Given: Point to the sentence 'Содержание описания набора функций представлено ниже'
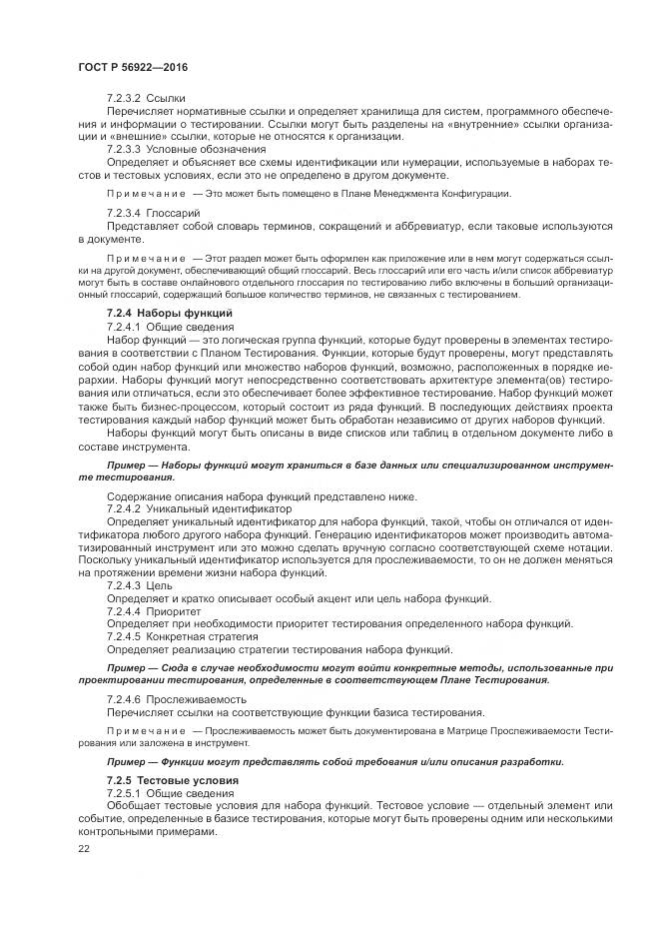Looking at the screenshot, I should [262, 496].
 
